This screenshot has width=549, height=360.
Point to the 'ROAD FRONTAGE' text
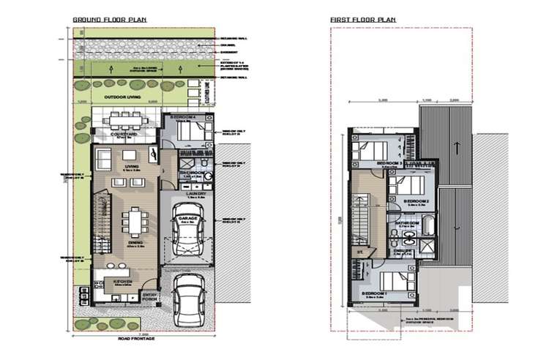pos(144,339)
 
